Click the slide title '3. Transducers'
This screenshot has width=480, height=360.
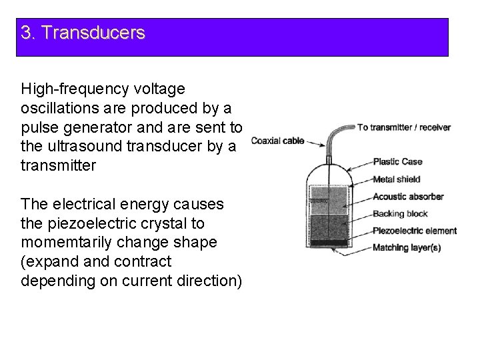coord(83,33)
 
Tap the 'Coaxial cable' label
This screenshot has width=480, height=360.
coord(277,140)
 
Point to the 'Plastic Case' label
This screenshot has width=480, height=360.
coord(397,161)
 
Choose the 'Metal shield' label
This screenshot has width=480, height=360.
coord(397,179)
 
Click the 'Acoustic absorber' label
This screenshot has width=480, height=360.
coord(408,197)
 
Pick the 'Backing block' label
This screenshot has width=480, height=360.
coord(399,214)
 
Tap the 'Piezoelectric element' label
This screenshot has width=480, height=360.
coord(415,231)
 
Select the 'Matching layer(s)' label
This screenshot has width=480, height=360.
coord(406,248)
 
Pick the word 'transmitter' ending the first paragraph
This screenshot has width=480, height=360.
coord(59,166)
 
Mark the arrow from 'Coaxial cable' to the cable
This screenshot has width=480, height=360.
coord(316,141)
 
